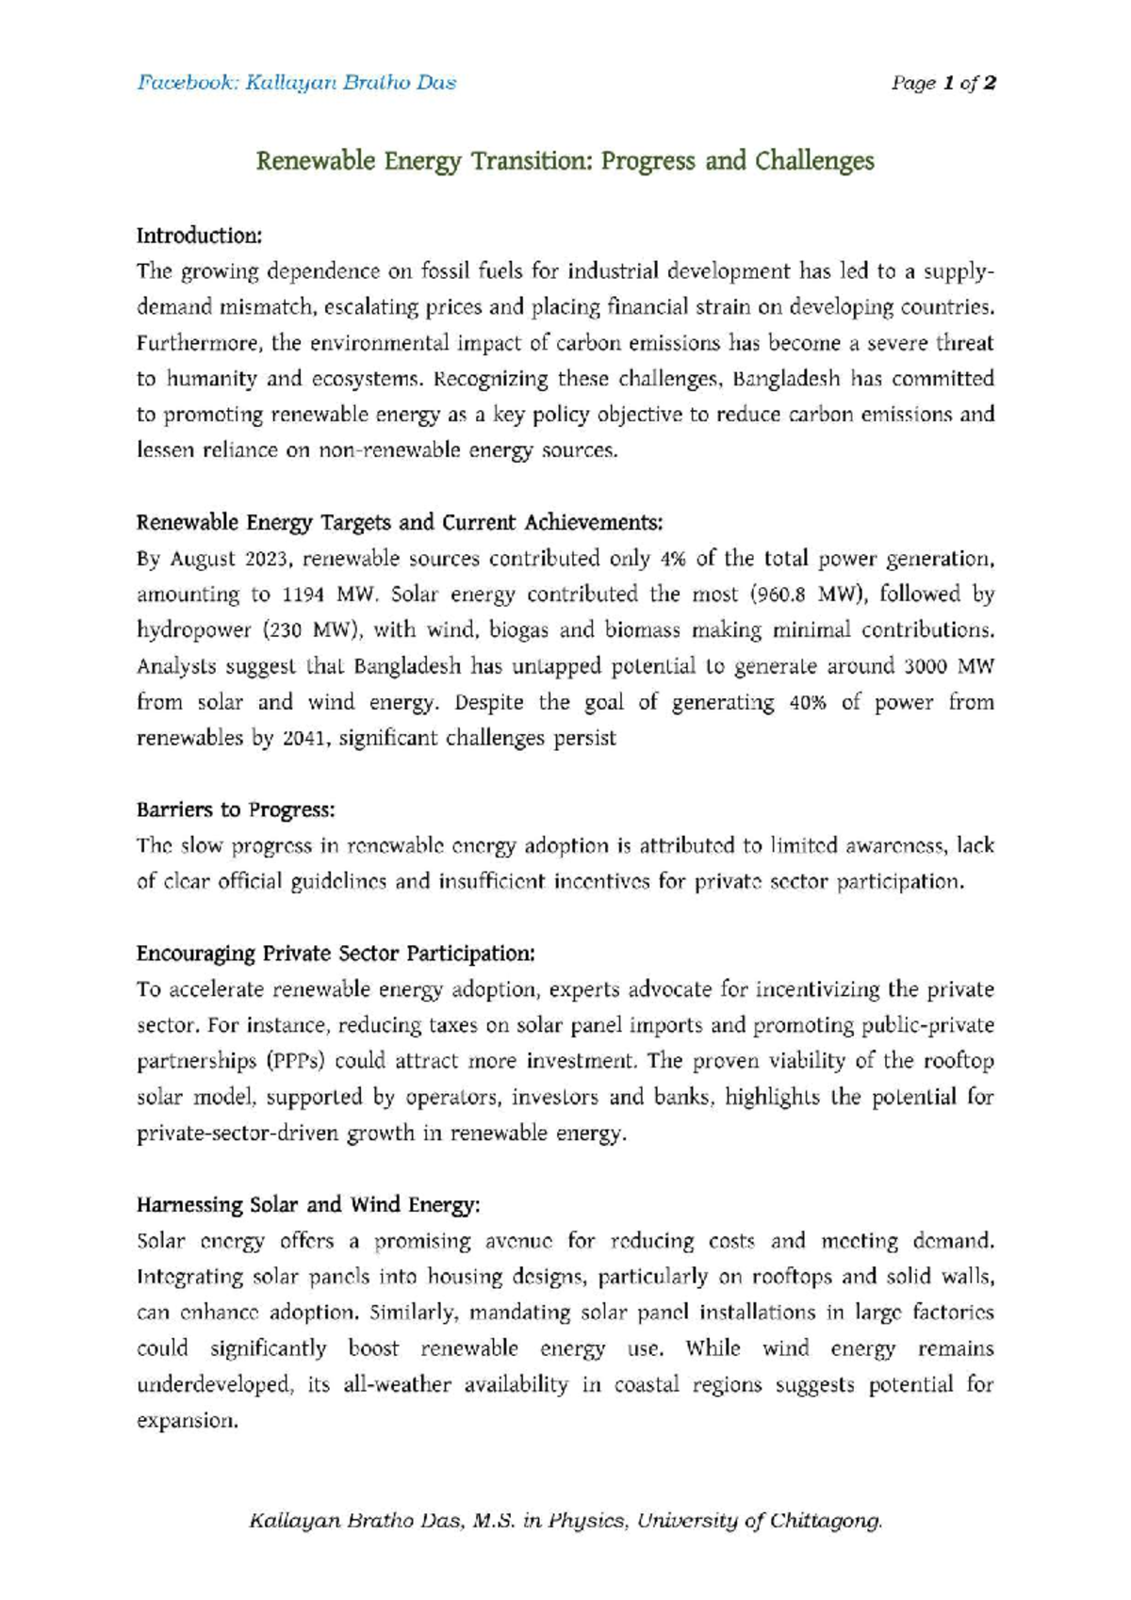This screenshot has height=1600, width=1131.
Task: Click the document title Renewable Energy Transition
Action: tap(565, 161)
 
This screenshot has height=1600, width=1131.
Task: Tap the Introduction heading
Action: tap(199, 235)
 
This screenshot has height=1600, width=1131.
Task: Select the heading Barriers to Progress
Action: tap(236, 810)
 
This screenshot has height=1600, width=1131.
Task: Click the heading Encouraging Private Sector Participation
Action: tap(336, 954)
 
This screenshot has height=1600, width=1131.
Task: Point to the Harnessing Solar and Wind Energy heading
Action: tap(308, 1205)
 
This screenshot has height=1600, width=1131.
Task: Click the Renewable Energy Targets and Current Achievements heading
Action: tap(400, 523)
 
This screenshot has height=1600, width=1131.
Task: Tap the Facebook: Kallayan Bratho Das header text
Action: tap(297, 83)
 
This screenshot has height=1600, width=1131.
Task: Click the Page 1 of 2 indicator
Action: tap(943, 83)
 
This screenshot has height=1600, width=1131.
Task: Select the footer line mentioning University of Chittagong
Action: tap(565, 1521)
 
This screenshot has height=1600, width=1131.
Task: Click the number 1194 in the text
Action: tap(303, 595)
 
